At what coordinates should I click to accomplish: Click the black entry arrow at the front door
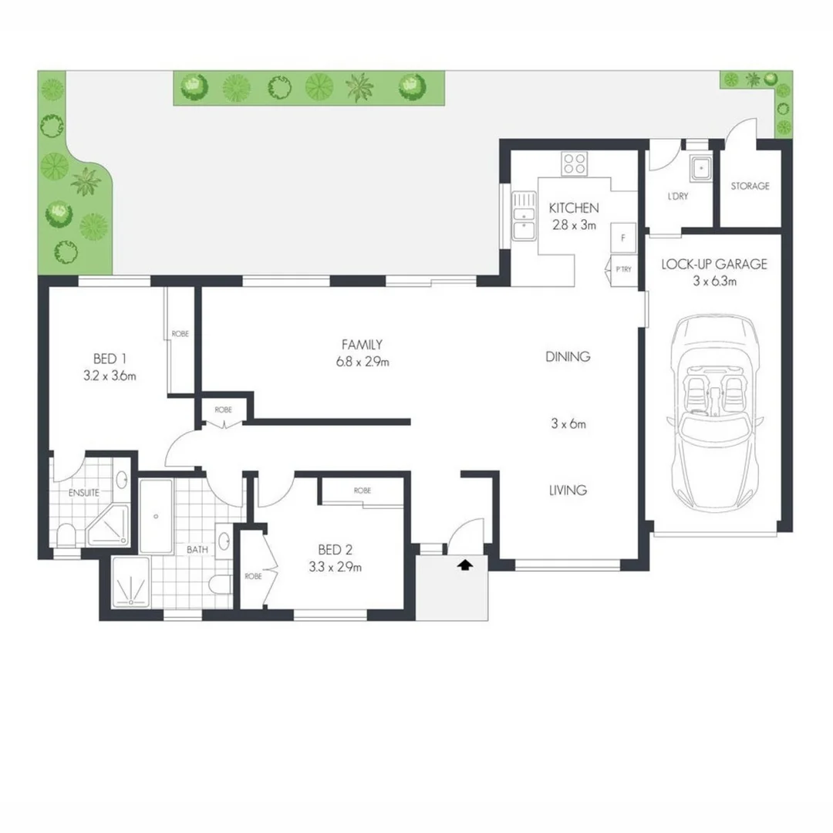click(x=464, y=565)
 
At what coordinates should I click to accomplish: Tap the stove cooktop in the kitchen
click(x=575, y=163)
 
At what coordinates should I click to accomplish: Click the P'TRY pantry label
click(x=622, y=268)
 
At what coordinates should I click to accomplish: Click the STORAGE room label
click(x=750, y=186)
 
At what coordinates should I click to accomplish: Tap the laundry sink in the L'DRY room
click(x=702, y=167)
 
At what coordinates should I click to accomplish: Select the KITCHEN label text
click(x=573, y=208)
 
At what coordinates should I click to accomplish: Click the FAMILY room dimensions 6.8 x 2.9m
click(x=363, y=361)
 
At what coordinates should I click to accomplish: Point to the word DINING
click(x=568, y=356)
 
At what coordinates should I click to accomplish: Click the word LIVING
click(x=567, y=490)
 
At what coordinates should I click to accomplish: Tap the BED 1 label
click(x=110, y=359)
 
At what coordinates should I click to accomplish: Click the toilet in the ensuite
click(x=67, y=534)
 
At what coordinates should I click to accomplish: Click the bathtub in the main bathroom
click(x=157, y=516)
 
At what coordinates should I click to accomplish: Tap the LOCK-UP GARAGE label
click(x=713, y=264)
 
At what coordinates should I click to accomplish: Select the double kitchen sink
click(x=524, y=215)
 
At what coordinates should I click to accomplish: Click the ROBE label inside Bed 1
click(x=180, y=334)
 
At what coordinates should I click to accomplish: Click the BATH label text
click(x=197, y=550)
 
